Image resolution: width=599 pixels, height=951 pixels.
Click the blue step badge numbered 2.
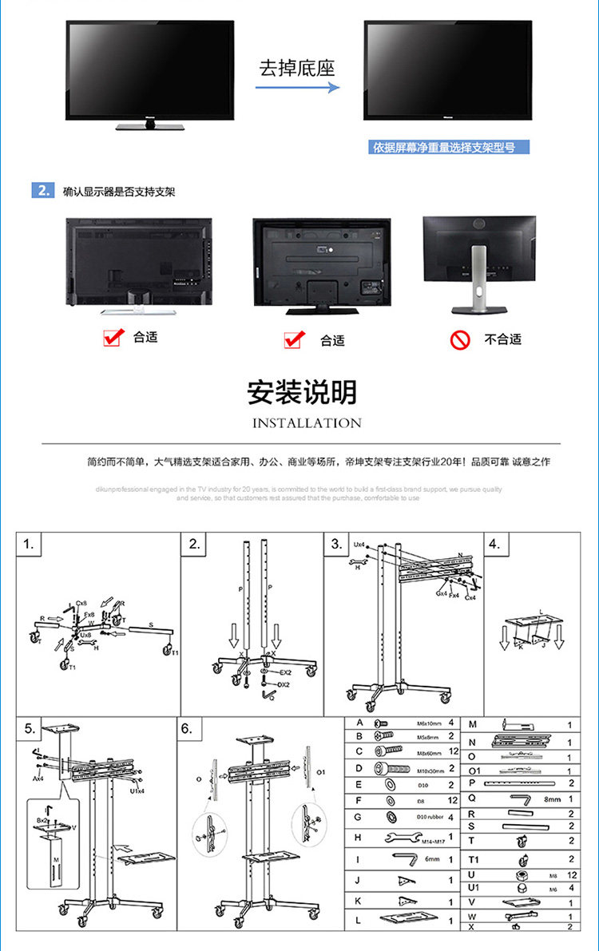click(x=42, y=191)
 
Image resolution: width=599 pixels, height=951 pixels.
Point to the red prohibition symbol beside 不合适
click(x=458, y=340)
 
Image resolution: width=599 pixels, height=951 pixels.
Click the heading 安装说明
click(x=302, y=393)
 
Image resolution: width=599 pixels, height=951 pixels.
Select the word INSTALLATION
click(x=307, y=423)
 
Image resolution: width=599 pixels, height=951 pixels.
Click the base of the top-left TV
click(x=149, y=125)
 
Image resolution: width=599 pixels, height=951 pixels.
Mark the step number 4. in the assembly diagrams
click(x=494, y=545)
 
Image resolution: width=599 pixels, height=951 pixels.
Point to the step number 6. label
click(x=187, y=729)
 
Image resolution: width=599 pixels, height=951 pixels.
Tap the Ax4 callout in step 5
click(x=38, y=777)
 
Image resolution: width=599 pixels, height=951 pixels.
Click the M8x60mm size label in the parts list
click(x=430, y=752)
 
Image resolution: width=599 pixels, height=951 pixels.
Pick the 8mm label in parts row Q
click(x=553, y=798)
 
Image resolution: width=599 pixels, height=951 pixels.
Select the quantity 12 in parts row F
click(x=451, y=800)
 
